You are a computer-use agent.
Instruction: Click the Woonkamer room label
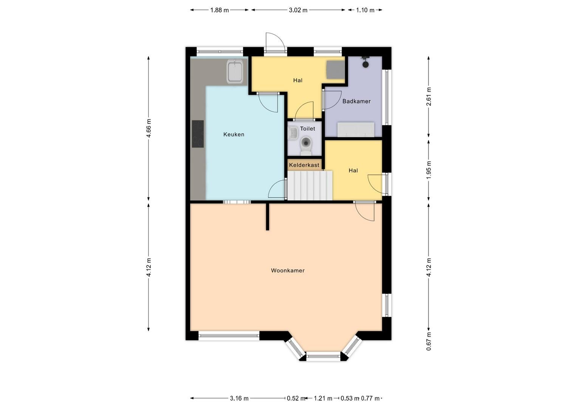coord(288,270)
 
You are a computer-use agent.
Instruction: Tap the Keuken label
coord(234,134)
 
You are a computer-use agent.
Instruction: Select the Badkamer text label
coord(356,101)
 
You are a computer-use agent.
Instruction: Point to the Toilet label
coord(308,128)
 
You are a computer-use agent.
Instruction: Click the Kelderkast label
coord(304,165)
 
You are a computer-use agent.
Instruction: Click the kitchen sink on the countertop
coord(235,72)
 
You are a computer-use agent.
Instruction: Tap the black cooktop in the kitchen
coord(198,134)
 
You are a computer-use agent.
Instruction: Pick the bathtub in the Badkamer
coord(356,129)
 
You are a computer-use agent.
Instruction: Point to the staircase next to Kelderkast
coord(310,185)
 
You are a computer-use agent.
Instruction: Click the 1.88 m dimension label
coord(220,10)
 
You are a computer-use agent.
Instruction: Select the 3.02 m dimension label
coord(298,10)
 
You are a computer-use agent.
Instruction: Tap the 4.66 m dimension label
coord(149,128)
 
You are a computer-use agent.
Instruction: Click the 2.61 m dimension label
coord(428,97)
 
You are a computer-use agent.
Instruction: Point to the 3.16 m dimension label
coord(239,399)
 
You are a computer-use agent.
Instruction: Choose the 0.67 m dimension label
coord(428,341)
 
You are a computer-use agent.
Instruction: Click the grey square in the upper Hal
coord(336,70)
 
